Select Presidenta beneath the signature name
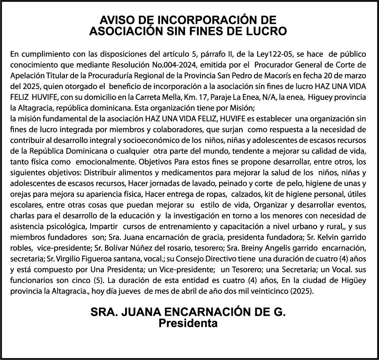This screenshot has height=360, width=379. point(188,323)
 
